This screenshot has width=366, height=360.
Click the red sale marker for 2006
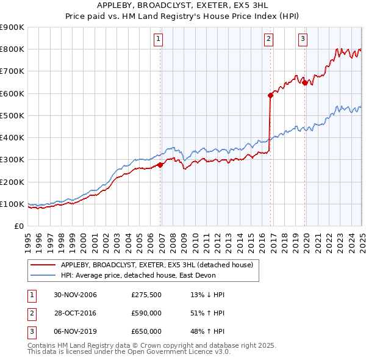[160, 165]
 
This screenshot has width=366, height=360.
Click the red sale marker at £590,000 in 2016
[270, 95]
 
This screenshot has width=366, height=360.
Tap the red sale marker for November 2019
[304, 82]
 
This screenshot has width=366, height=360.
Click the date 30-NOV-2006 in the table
[75, 295]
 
